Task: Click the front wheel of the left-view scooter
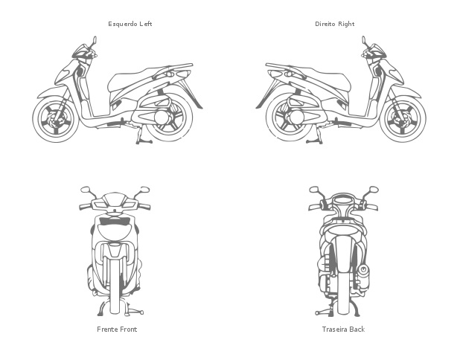56,119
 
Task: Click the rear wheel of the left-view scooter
170,118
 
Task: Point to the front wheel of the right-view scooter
403,119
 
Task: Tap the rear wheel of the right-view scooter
290,118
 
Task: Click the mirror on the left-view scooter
95,40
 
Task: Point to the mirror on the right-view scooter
364,40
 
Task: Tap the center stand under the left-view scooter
144,135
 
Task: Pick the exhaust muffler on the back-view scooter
363,276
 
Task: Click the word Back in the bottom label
357,330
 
